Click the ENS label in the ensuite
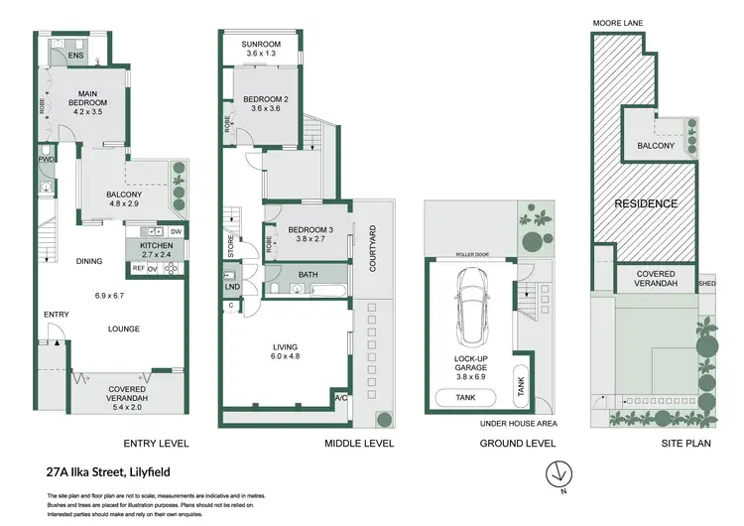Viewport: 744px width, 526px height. [x=76, y=57]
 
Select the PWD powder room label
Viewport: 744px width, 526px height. [x=47, y=159]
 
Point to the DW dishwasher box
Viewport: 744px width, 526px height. [x=176, y=231]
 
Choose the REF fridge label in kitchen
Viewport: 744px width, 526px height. [x=138, y=268]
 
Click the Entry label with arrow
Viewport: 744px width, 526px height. [x=56, y=315]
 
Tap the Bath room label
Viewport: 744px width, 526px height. [x=307, y=274]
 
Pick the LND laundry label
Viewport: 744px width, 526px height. [x=232, y=287]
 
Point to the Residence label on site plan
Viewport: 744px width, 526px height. [x=646, y=203]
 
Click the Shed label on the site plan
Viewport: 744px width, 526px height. [x=707, y=282]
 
